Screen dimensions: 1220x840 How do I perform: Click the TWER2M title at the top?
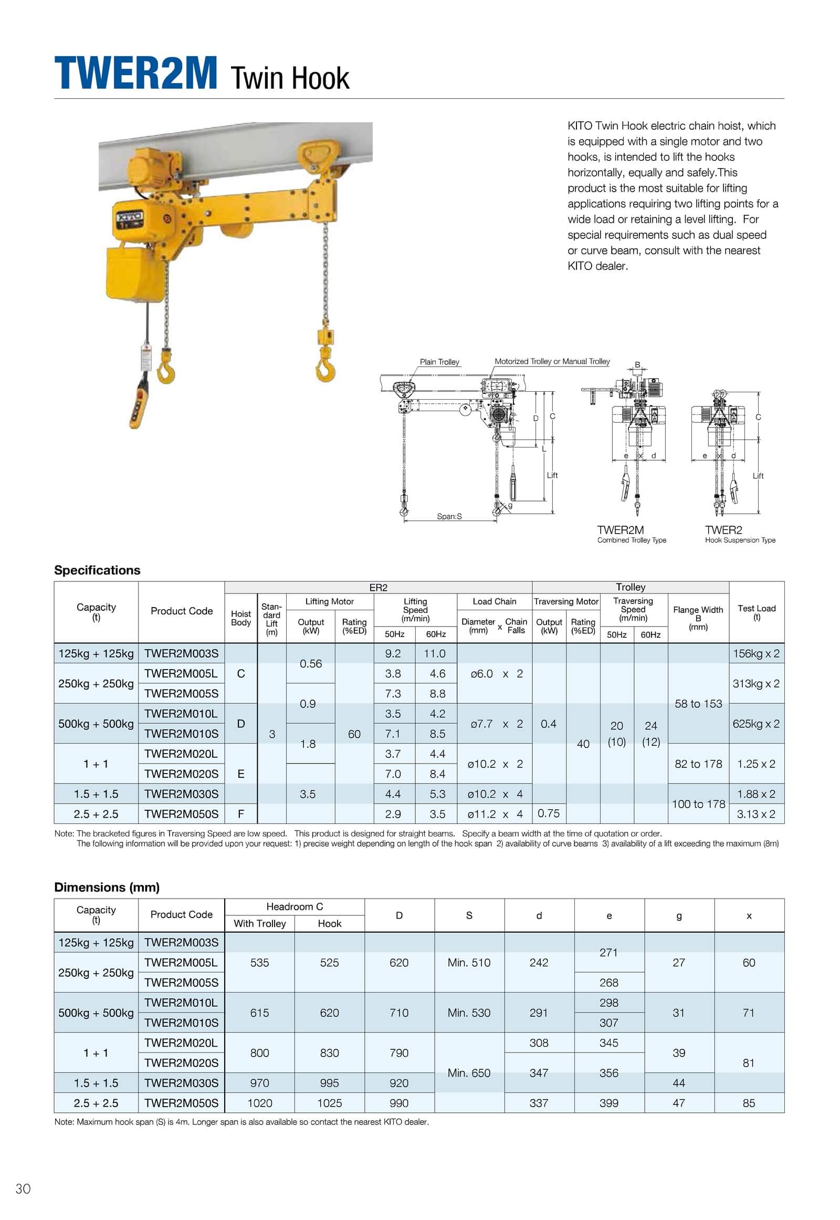click(136, 74)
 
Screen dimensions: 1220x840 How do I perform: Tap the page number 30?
click(23, 1188)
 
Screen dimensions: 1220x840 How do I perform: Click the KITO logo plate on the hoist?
click(129, 216)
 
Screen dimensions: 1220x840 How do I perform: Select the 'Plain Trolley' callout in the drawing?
click(439, 362)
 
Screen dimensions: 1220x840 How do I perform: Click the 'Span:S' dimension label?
click(449, 517)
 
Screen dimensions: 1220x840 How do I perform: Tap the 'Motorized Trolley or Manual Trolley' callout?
click(552, 361)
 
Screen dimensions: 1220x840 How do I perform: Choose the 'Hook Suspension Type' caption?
click(740, 540)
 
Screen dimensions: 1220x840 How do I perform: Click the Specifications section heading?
click(97, 570)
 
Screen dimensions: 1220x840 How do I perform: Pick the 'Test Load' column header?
click(757, 612)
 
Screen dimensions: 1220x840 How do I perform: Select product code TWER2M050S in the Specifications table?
click(181, 814)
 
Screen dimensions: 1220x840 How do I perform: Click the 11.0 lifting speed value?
click(435, 653)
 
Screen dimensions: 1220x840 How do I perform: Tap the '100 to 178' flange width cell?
click(698, 804)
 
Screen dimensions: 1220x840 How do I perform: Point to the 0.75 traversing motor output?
click(549, 814)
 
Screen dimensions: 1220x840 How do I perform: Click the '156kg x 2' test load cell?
click(756, 653)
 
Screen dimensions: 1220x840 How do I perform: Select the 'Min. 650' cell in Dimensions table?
click(468, 1073)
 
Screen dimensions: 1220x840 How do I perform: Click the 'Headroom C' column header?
click(294, 906)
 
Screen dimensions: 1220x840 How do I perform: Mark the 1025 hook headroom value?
click(330, 1103)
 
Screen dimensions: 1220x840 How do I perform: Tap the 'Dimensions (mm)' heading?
click(107, 887)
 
